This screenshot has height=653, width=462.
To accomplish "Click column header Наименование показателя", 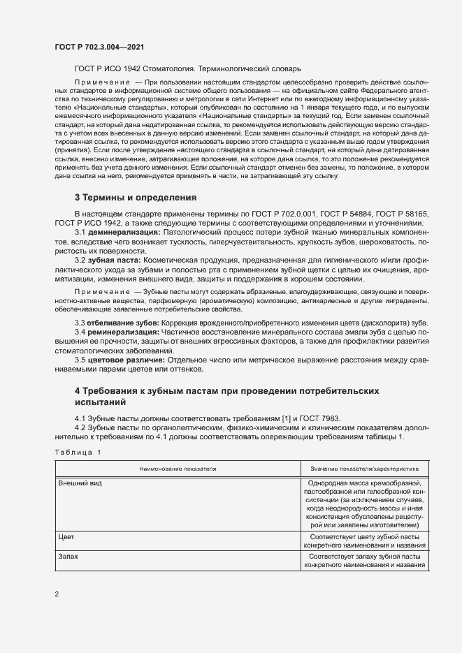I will (x=178, y=470).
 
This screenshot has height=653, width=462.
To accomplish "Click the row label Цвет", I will (x=66, y=536).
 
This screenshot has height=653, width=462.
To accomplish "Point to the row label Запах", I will (x=68, y=557).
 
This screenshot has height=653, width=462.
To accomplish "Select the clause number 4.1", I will (x=80, y=418).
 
